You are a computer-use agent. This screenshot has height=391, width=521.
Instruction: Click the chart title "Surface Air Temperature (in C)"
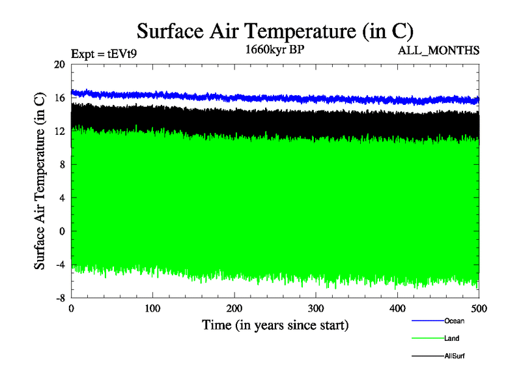(x=275, y=31)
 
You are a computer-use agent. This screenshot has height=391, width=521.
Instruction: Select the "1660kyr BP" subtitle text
(x=275, y=50)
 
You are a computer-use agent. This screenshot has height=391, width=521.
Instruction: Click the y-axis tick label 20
(x=59, y=65)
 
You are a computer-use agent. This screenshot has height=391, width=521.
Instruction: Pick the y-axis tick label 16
(x=59, y=98)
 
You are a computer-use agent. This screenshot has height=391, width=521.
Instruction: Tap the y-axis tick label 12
(x=59, y=131)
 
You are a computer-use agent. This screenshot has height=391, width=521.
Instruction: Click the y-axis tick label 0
(x=63, y=231)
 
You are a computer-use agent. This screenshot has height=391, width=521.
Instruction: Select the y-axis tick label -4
(x=59, y=264)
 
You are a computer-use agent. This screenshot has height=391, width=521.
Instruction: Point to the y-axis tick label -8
(x=59, y=297)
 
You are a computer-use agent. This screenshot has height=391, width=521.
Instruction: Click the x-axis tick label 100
(x=152, y=308)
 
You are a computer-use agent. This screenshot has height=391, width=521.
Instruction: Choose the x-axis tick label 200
(x=234, y=308)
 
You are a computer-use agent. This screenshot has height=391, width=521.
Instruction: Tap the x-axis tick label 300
(x=316, y=308)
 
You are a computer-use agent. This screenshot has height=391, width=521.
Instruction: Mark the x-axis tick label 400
(x=397, y=308)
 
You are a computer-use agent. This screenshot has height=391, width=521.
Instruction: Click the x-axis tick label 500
(x=479, y=308)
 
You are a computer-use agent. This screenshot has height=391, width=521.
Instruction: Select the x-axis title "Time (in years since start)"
(x=275, y=325)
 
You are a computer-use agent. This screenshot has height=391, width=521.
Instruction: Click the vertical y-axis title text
(x=40, y=181)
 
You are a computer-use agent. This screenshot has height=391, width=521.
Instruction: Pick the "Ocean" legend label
(x=454, y=321)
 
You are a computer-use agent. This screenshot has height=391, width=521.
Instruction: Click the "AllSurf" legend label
(x=455, y=356)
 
